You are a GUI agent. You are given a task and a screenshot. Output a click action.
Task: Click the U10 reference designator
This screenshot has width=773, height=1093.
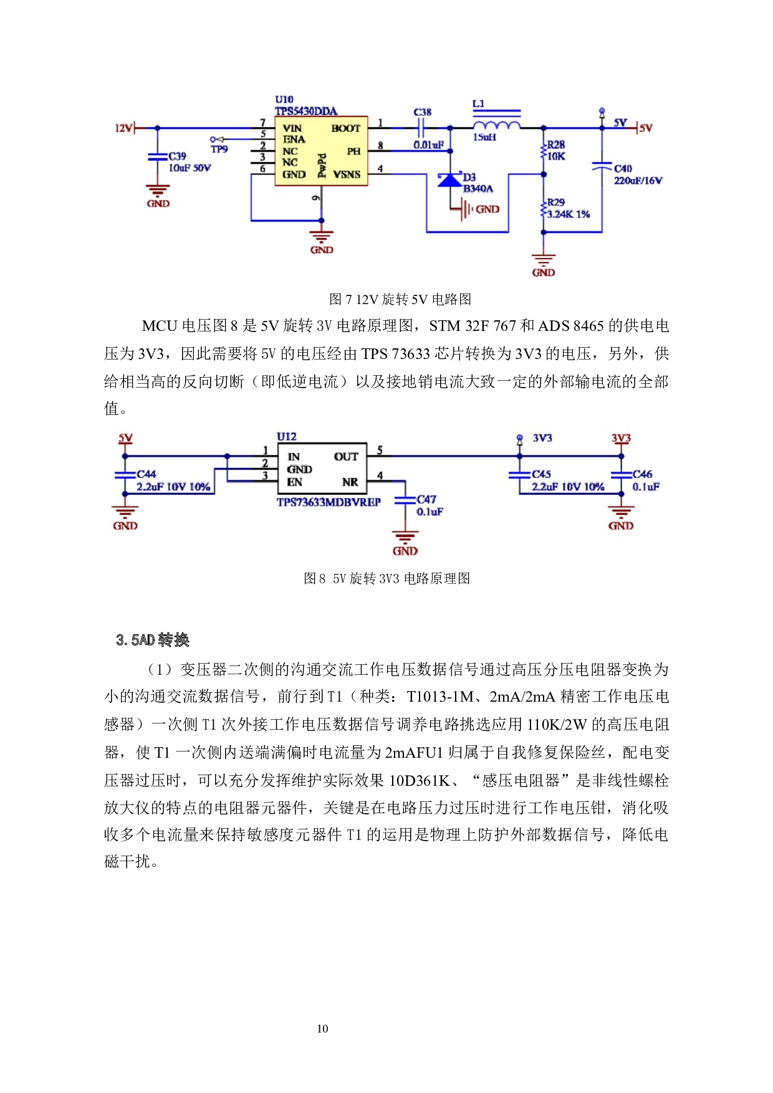pyautogui.click(x=284, y=100)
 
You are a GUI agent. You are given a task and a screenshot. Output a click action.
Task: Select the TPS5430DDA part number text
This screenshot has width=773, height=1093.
pyautogui.click(x=306, y=111)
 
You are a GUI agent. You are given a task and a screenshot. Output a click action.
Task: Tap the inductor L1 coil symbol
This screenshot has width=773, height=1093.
pyautogui.click(x=497, y=125)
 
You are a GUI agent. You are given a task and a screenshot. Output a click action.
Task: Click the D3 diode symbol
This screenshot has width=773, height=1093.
pyautogui.click(x=450, y=180)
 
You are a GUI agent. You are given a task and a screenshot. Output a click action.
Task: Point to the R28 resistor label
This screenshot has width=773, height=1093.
pyautogui.click(x=556, y=145)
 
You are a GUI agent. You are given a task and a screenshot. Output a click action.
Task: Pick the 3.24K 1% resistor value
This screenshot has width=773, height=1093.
pyautogui.click(x=568, y=214)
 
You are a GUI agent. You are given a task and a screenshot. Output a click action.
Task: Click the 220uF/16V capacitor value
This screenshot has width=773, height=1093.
pyautogui.click(x=638, y=181)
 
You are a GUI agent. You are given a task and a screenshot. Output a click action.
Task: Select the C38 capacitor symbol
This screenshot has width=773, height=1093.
pyautogui.click(x=421, y=128)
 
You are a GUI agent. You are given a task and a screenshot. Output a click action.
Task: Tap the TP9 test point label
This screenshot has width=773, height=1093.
pyautogui.click(x=219, y=150)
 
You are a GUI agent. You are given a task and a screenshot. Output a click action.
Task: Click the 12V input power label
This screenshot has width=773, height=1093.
pyautogui.click(x=123, y=128)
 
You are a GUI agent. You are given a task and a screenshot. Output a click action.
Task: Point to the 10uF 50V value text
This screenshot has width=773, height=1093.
pyautogui.click(x=190, y=168)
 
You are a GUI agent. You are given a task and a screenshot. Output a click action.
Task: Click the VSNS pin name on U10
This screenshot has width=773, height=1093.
pyautogui.click(x=347, y=174)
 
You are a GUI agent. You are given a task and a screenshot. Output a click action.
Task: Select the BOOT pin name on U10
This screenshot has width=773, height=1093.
pyautogui.click(x=346, y=128)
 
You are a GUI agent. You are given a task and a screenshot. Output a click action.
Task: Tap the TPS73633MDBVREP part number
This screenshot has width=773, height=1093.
pyautogui.click(x=329, y=502)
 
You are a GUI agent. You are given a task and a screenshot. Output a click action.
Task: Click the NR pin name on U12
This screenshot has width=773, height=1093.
pyautogui.click(x=350, y=482)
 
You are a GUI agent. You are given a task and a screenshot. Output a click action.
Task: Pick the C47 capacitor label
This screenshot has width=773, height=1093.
pyautogui.click(x=426, y=500)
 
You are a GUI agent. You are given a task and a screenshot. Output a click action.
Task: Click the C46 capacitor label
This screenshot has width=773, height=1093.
pyautogui.click(x=642, y=474)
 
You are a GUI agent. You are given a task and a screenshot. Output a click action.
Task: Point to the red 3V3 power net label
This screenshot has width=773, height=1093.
pyautogui.click(x=621, y=438)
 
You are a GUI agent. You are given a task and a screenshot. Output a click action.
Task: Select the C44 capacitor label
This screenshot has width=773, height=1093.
pyautogui.click(x=146, y=474)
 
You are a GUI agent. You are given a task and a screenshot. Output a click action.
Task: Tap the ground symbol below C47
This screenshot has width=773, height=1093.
pyautogui.click(x=405, y=537)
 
